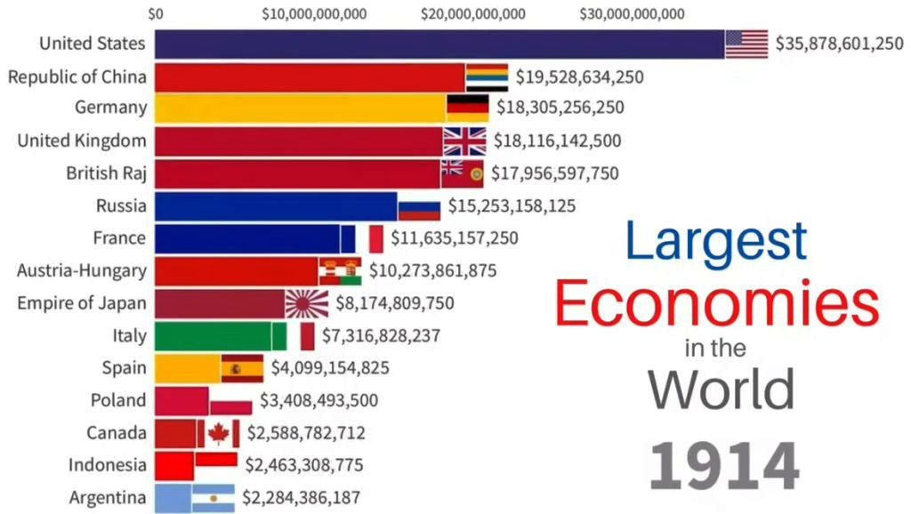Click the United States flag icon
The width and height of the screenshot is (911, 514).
(x=746, y=44)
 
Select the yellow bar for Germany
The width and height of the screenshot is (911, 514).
(x=300, y=108)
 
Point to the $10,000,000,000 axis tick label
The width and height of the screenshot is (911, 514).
(x=315, y=13)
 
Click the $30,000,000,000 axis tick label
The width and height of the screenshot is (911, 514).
(x=632, y=13)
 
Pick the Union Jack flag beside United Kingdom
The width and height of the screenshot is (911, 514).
(x=464, y=141)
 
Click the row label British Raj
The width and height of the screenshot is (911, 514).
(x=106, y=173)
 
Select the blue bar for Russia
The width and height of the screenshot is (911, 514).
(x=276, y=206)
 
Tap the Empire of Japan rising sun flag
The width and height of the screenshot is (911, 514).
(x=307, y=303)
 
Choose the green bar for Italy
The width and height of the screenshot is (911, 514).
(x=214, y=336)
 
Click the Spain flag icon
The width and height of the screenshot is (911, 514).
(x=242, y=368)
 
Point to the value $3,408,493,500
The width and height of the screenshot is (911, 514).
(x=319, y=400)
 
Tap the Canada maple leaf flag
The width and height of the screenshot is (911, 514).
(x=219, y=433)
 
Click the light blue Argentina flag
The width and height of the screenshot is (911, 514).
(x=213, y=498)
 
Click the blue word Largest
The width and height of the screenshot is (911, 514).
(x=716, y=240)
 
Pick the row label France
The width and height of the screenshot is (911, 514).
(x=119, y=238)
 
